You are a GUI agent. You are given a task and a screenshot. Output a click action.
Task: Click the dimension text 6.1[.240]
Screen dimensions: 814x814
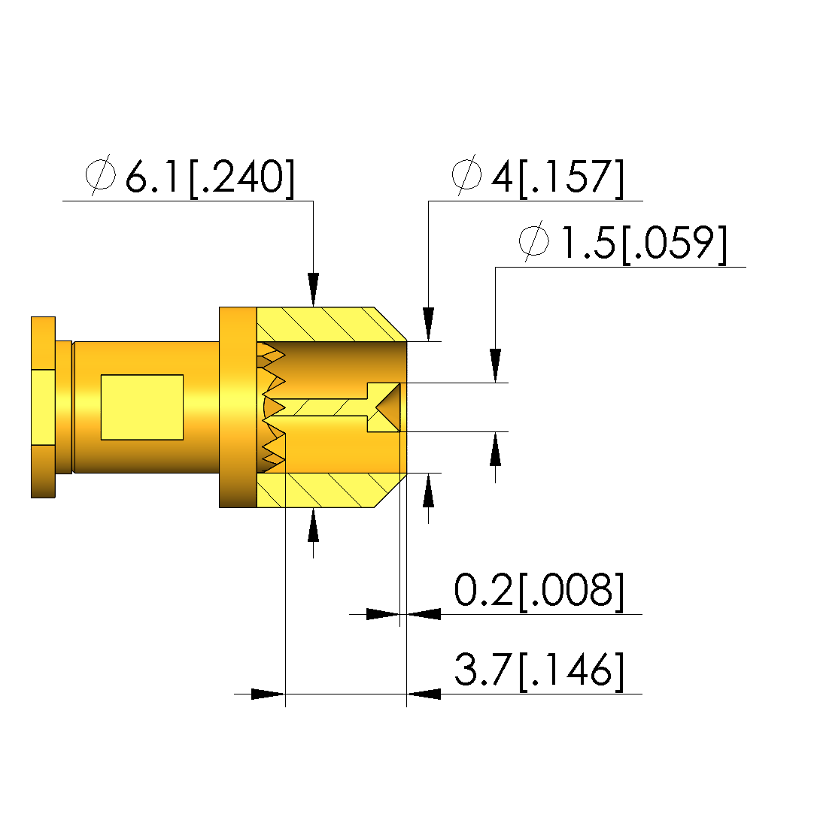[210, 177]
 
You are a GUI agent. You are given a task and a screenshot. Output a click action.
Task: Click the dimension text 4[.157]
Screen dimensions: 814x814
[557, 177]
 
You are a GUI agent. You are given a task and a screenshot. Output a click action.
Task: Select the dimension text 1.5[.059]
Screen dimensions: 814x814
[645, 244]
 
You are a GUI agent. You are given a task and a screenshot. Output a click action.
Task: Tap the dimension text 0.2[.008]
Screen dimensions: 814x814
[539, 590]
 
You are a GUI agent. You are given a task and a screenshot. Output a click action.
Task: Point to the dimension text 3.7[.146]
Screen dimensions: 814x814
[539, 670]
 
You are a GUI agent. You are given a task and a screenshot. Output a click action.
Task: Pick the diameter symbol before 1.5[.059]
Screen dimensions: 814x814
[534, 241]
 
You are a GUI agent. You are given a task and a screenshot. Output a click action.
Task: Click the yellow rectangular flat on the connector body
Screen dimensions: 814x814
[142, 407]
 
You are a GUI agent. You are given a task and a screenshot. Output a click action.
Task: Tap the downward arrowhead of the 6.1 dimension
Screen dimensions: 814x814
[313, 289]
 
